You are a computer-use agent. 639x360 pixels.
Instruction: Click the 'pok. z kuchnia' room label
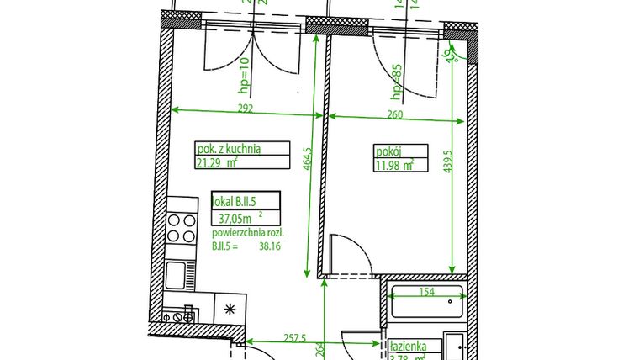228,149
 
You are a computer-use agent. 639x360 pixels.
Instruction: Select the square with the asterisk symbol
230,308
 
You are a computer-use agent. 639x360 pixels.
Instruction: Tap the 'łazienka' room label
409,346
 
